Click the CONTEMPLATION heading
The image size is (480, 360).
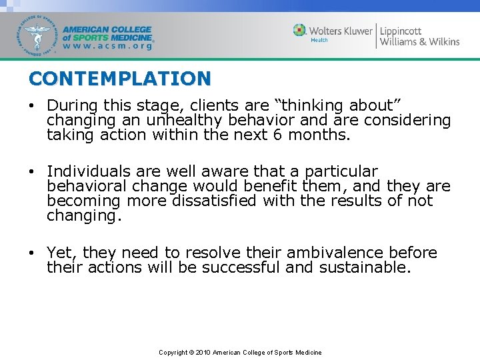pyautogui.click(x=119, y=79)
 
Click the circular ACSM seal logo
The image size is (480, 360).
pyautogui.click(x=38, y=35)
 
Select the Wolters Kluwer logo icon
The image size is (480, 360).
pyautogui.click(x=300, y=30)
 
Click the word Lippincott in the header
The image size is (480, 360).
pyautogui.click(x=401, y=30)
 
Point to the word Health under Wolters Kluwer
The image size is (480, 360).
pyautogui.click(x=319, y=40)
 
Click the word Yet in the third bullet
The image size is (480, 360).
pyautogui.click(x=59, y=253)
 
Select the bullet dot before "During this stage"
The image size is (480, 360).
pyautogui.click(x=32, y=105)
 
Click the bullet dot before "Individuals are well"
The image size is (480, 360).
pyautogui.click(x=32, y=172)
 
